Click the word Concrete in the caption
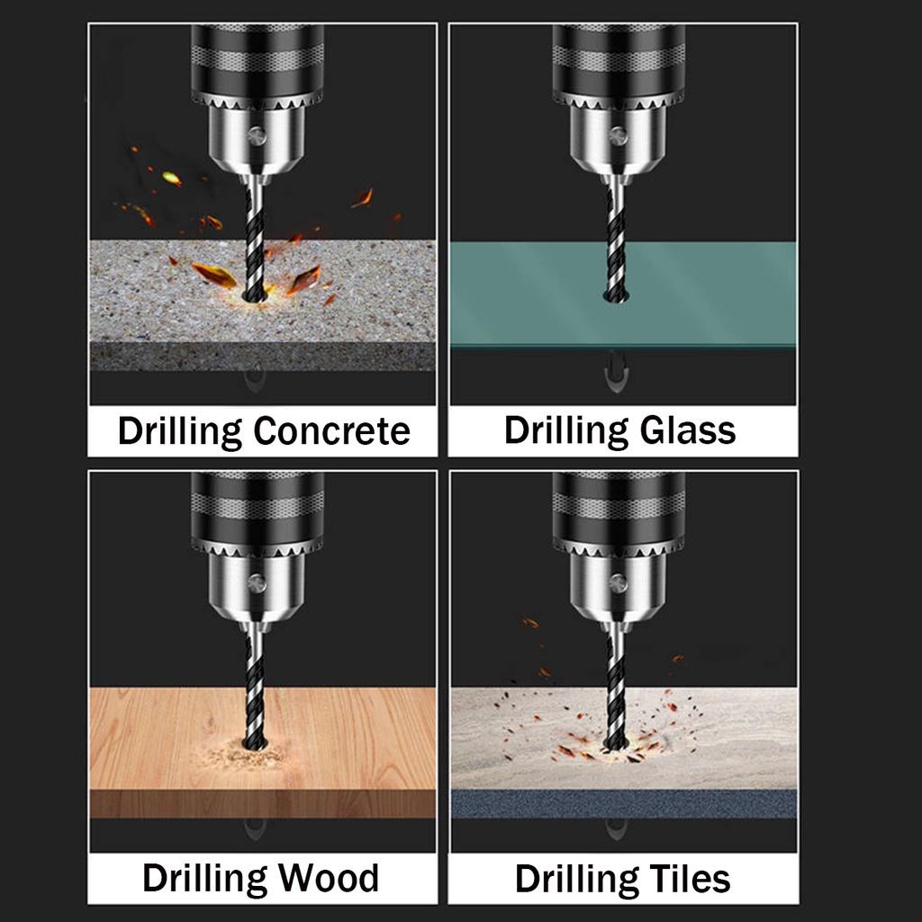pyautogui.click(x=331, y=431)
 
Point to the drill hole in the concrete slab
pyautogui.click(x=256, y=295)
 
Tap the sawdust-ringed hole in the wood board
pyautogui.click(x=256, y=745)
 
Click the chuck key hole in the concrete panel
pyautogui.click(x=258, y=136)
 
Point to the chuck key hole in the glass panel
pyautogui.click(x=618, y=136)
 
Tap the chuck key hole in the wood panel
pyautogui.click(x=258, y=583)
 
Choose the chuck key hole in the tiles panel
pyautogui.click(x=618, y=583)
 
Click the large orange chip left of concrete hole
pyautogui.click(x=213, y=275)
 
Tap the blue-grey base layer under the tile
pyautogui.click(x=623, y=803)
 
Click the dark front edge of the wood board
pyautogui.click(x=261, y=803)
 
